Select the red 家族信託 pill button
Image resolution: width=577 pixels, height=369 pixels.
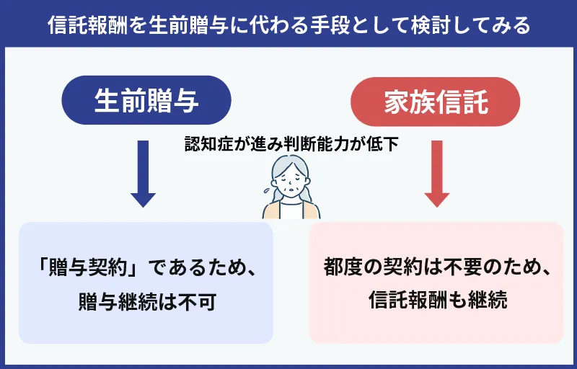tap(435, 100)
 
